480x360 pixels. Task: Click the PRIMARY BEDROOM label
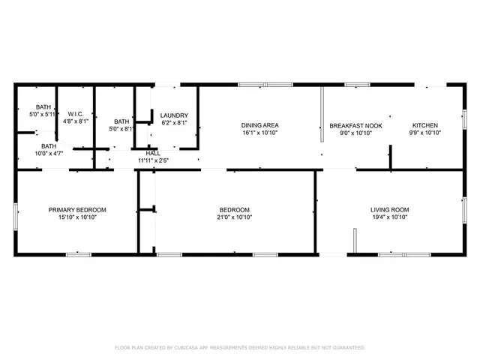pos(77,209)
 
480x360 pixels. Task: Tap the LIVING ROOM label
pos(389,209)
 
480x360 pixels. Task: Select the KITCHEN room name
pos(425,125)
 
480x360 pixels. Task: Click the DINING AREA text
pos(259,125)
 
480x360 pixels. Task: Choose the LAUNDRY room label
pos(174,115)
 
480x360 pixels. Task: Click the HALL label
pos(153,153)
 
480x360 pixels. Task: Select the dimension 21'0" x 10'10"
pos(234,217)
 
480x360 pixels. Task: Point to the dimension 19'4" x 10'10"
pos(389,217)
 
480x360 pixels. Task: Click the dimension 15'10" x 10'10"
pos(77,217)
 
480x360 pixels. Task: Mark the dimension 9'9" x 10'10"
pos(425,133)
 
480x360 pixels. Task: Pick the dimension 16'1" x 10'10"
pos(259,133)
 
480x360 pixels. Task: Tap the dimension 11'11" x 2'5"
pos(153,160)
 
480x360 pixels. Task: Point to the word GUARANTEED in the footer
pos(347,348)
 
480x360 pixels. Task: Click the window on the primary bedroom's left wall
pos(16,212)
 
